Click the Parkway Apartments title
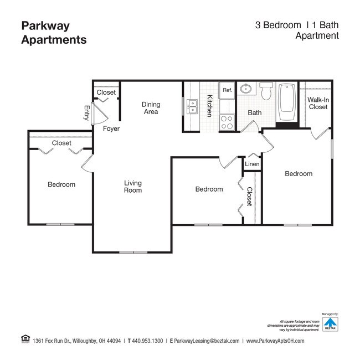[53, 33]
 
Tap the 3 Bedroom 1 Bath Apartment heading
[296, 30]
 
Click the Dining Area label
[151, 108]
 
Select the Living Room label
[133, 187]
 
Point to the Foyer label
[111, 128]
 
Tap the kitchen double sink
[192, 106]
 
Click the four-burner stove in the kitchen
[227, 122]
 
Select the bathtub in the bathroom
[287, 104]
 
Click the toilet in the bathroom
[266, 90]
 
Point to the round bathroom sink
[246, 89]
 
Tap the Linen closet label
[252, 164]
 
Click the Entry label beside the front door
[87, 112]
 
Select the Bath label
[255, 113]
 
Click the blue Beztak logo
[330, 323]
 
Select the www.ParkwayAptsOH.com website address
[275, 341]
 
